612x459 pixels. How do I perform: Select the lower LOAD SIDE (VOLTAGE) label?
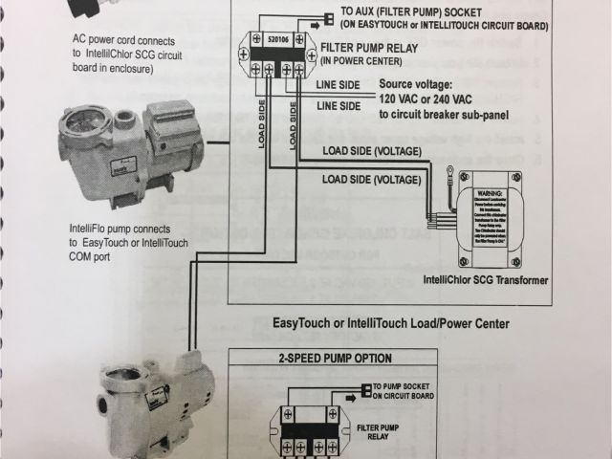coord(372,179)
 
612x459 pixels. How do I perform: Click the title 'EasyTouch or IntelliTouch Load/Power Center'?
coord(390,323)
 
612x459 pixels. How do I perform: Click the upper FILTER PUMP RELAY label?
coord(374,45)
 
